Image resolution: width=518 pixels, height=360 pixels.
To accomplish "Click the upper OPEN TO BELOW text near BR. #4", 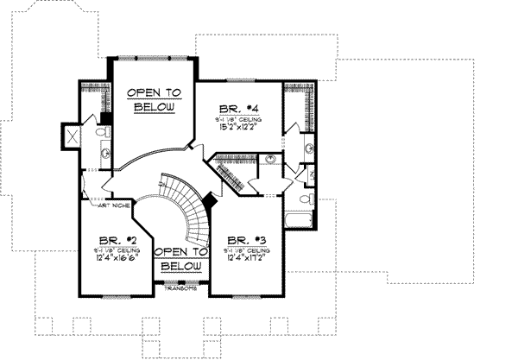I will pos(155,99).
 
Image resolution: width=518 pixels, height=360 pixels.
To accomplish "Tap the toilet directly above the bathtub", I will pos(305,199).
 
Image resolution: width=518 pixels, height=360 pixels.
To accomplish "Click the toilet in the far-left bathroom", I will pos(101,132).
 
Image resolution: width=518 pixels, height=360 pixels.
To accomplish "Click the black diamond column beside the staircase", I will pos(209,200).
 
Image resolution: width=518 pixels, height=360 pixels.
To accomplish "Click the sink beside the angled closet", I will pos(269,161).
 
